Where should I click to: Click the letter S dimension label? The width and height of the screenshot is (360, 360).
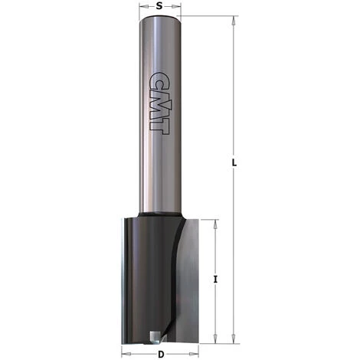(159, 6)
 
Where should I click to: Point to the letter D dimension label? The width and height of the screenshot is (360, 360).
(161, 354)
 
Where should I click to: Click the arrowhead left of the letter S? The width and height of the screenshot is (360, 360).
(142, 6)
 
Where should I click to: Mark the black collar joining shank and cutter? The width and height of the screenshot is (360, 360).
(160, 214)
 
